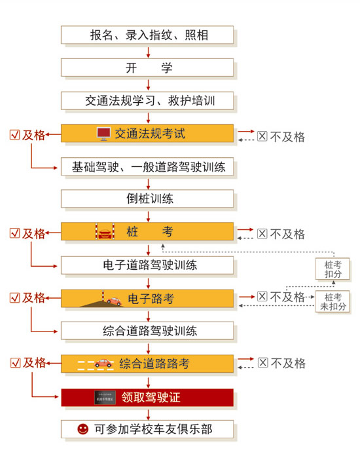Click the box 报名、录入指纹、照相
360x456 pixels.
click(x=147, y=35)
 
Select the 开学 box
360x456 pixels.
click(x=147, y=67)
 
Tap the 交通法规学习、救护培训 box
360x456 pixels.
click(x=147, y=101)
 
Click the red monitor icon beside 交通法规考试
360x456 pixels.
click(x=103, y=134)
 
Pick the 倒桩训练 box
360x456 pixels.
click(x=147, y=199)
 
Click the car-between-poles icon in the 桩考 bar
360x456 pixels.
click(x=105, y=231)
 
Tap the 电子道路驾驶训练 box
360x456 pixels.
click(x=147, y=265)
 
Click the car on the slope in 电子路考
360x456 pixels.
click(x=114, y=301)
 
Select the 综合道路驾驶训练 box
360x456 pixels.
click(x=147, y=330)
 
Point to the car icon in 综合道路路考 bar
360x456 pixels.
click(x=103, y=363)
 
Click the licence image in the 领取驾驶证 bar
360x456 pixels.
click(x=105, y=398)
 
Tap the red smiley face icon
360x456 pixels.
click(x=83, y=429)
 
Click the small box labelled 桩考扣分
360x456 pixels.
click(x=333, y=269)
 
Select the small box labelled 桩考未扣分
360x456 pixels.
click(x=333, y=301)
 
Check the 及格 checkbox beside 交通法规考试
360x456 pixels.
click(x=15, y=135)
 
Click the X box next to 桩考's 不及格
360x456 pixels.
click(x=262, y=233)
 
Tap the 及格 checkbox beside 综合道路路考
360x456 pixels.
click(x=16, y=363)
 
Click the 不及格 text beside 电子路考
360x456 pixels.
click(x=287, y=297)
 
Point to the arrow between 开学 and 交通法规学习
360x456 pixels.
click(x=148, y=84)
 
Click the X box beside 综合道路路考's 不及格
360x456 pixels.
click(x=263, y=363)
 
